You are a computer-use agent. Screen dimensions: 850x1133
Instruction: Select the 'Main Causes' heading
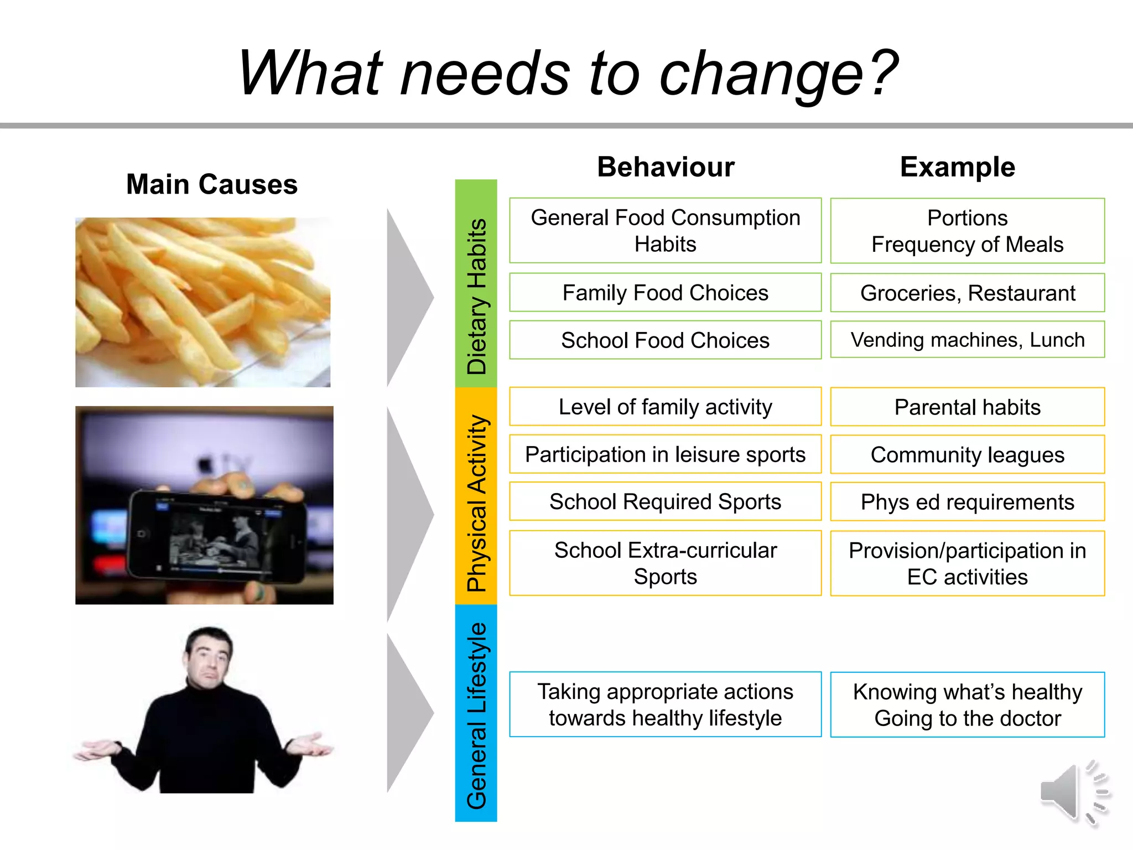211,184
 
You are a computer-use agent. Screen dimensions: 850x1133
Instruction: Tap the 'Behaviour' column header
666,167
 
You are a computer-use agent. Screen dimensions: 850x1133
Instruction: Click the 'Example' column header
957,167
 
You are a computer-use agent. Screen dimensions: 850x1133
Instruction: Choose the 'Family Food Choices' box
665,293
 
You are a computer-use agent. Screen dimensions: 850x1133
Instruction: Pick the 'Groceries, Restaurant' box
967,293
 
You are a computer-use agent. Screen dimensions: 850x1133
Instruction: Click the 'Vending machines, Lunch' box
967,340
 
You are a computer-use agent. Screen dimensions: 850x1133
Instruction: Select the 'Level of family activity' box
665,407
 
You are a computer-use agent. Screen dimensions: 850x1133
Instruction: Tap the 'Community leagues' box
967,454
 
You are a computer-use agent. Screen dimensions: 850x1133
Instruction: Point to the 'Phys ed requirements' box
967,502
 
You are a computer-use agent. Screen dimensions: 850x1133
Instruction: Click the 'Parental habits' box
967,407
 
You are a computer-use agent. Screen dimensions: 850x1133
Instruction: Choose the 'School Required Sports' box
665,501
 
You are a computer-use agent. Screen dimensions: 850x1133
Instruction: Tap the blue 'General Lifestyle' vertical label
476,714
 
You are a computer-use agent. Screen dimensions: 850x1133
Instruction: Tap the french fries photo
202,302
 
